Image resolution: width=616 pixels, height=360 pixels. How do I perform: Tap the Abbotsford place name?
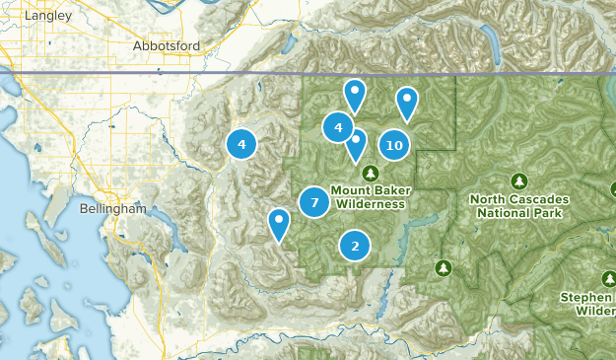click(x=167, y=45)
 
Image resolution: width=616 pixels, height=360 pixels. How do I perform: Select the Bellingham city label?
click(x=113, y=210)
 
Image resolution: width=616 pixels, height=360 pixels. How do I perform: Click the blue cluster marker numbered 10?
click(x=394, y=145)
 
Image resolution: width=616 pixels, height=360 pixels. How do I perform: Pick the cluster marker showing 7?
click(x=313, y=202)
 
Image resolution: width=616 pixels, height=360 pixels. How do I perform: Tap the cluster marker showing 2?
click(x=355, y=246)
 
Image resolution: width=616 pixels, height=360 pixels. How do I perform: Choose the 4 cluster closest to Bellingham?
click(x=240, y=144)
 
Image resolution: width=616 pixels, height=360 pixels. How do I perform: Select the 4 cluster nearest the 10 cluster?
click(x=338, y=127)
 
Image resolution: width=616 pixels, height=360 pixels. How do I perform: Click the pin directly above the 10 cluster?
click(x=406, y=102)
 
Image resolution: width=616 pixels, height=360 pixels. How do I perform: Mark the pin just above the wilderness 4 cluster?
click(x=354, y=94)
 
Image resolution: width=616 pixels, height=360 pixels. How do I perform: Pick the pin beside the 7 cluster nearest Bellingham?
click(x=280, y=223)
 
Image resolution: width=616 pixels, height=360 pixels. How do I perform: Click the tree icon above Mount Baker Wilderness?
click(x=371, y=173)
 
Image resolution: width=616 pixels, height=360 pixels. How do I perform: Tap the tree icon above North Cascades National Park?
click(x=518, y=180)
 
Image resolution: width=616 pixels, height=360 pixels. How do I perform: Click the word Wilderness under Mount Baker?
click(x=370, y=204)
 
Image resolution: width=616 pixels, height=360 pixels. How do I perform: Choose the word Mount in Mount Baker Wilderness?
click(x=350, y=190)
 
